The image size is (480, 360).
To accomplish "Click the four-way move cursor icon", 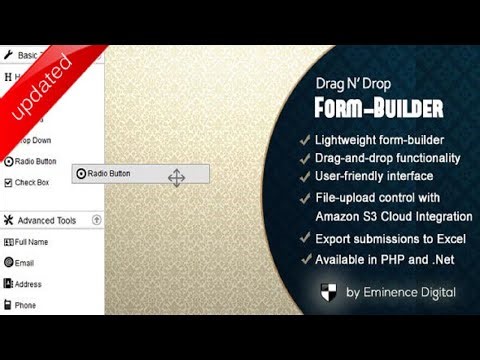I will click(x=176, y=178).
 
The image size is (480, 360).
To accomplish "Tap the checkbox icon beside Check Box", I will click(x=8, y=182).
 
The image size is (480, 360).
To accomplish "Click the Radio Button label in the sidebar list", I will click(x=35, y=161).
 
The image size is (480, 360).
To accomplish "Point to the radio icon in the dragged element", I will click(x=81, y=174).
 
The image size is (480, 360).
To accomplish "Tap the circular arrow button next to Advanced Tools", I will click(x=96, y=220).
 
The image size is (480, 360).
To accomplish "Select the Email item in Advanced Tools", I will click(x=25, y=263).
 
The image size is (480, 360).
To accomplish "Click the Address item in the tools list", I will click(x=28, y=284).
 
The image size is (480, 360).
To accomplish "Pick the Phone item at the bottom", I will click(x=25, y=305).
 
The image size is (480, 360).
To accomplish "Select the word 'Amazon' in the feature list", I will click(x=342, y=216).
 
